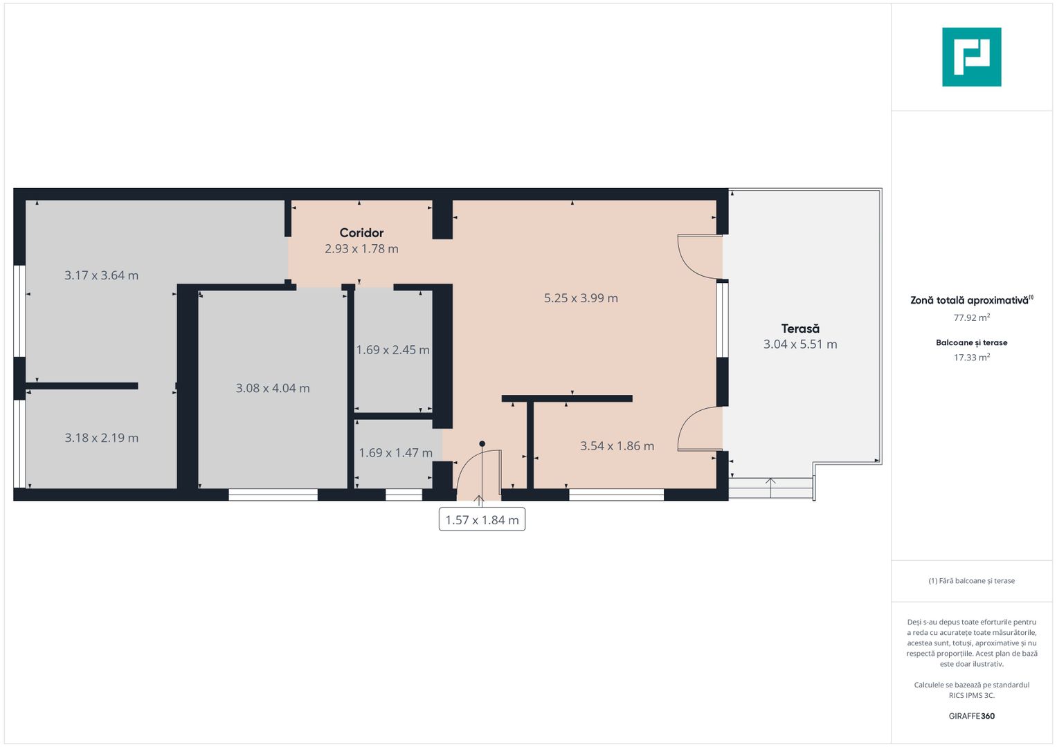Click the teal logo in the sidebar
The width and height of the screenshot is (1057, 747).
pos(971,57)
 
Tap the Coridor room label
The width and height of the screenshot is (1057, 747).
pos(361,233)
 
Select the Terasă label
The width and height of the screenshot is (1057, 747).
pos(800,329)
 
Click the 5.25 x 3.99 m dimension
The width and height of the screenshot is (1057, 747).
pos(581,298)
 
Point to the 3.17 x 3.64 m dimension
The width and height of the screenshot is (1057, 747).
pos(102,275)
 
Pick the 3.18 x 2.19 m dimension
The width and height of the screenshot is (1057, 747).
pos(102,438)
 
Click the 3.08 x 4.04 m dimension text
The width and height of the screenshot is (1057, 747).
pos(273,388)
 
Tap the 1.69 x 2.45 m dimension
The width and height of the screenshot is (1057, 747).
pos(392,350)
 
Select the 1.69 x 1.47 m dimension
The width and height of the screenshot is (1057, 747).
pos(395,453)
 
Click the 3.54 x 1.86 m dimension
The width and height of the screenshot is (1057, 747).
pos(617,446)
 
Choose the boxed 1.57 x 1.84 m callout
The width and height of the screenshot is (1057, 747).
pos(482,520)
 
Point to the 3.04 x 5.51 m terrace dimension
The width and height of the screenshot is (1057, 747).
pos(800,344)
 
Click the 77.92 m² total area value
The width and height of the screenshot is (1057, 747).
pos(971,317)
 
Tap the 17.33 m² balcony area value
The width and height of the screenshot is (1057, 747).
pos(971,358)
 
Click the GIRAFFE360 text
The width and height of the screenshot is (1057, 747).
pos(971,716)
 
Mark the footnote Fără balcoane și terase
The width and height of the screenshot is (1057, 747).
pos(971,581)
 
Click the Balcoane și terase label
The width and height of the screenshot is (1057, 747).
pos(971,342)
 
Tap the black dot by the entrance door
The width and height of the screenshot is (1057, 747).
pos(482,444)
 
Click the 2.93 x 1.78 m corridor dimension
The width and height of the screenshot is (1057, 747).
pos(361,249)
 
